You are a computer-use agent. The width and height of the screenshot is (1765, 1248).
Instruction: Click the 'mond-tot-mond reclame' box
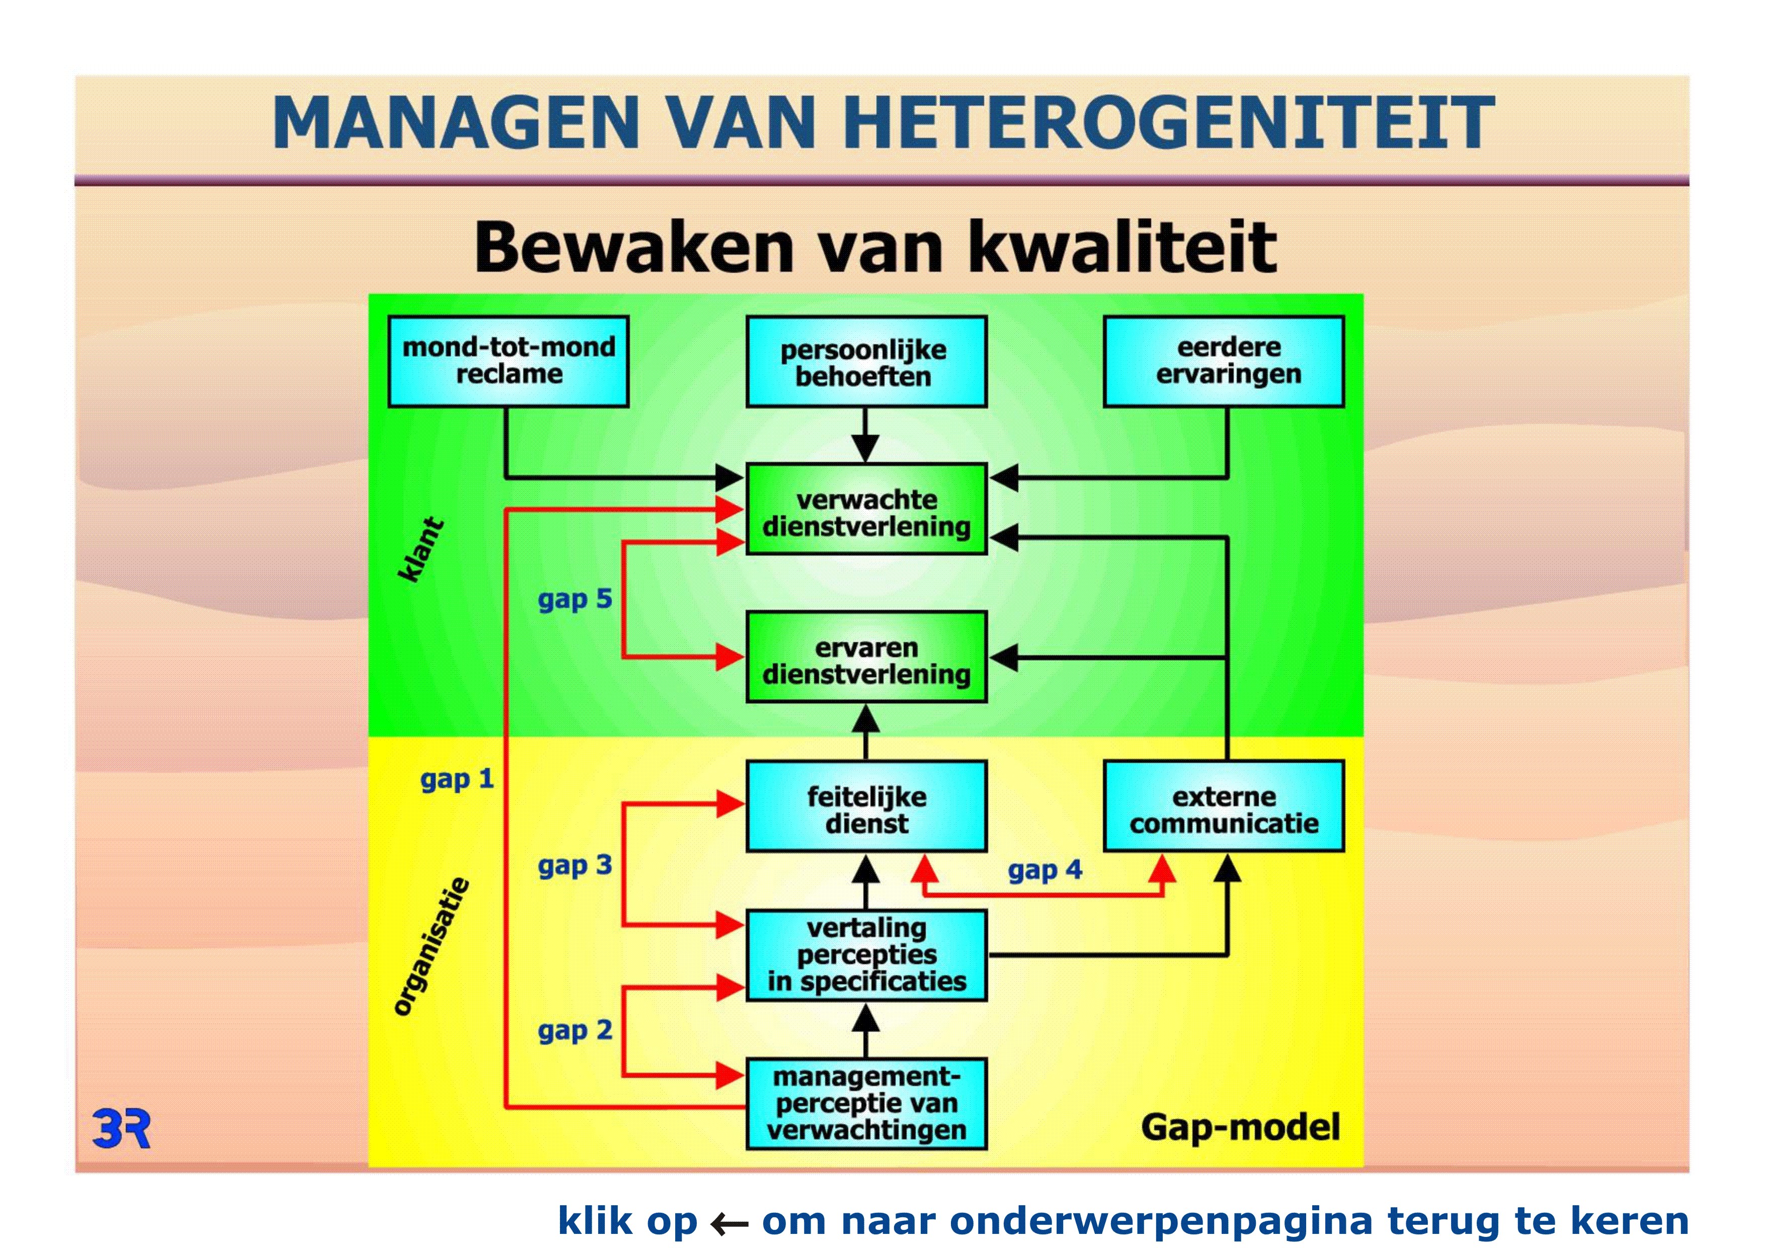[508, 361]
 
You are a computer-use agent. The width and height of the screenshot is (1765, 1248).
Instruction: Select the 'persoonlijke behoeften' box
[866, 361]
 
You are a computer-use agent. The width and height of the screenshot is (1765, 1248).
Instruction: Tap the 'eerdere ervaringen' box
[1224, 361]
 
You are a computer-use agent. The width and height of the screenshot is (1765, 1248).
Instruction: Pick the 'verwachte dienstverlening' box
[866, 509]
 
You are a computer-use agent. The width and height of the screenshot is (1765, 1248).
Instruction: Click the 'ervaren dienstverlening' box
[866, 657]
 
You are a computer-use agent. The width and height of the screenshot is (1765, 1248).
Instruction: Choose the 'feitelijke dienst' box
[866, 807]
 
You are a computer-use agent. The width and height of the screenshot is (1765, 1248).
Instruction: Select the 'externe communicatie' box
[1224, 807]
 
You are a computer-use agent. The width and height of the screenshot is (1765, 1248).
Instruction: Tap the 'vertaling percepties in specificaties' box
[866, 956]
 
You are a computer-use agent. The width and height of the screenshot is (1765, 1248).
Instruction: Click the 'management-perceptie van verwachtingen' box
[866, 1104]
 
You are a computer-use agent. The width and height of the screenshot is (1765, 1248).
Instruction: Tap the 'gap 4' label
[1045, 871]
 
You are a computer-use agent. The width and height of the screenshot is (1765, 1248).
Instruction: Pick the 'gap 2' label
[574, 1031]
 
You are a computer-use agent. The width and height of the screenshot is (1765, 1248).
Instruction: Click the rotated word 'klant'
[421, 549]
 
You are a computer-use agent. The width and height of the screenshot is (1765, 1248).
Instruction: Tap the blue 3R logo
[121, 1129]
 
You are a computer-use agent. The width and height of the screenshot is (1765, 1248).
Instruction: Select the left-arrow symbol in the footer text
[729, 1223]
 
